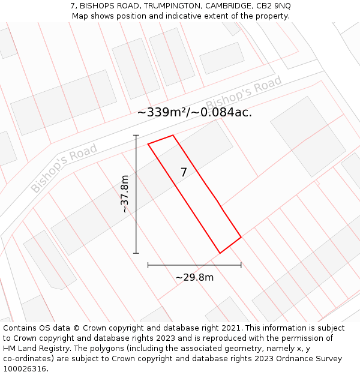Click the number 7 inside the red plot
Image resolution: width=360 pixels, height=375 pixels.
tap(184, 172)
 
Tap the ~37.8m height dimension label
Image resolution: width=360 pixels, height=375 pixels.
tap(124, 194)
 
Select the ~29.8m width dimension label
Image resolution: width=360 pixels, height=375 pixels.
tap(194, 277)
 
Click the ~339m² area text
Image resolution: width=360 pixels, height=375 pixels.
tap(163, 112)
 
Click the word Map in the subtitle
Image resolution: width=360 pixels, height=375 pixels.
tap(80, 16)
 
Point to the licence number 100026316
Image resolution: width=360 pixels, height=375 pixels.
tap(25, 369)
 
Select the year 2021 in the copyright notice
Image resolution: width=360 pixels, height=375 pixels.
tap(230, 328)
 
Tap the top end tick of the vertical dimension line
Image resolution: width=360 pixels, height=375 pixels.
tap(136, 136)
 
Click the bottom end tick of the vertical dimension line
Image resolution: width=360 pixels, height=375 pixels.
tap(136, 253)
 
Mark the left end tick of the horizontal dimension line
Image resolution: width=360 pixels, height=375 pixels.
tap(148, 265)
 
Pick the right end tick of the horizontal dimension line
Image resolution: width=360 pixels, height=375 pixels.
tap(241, 265)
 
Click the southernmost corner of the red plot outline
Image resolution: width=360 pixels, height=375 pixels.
tap(220, 253)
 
